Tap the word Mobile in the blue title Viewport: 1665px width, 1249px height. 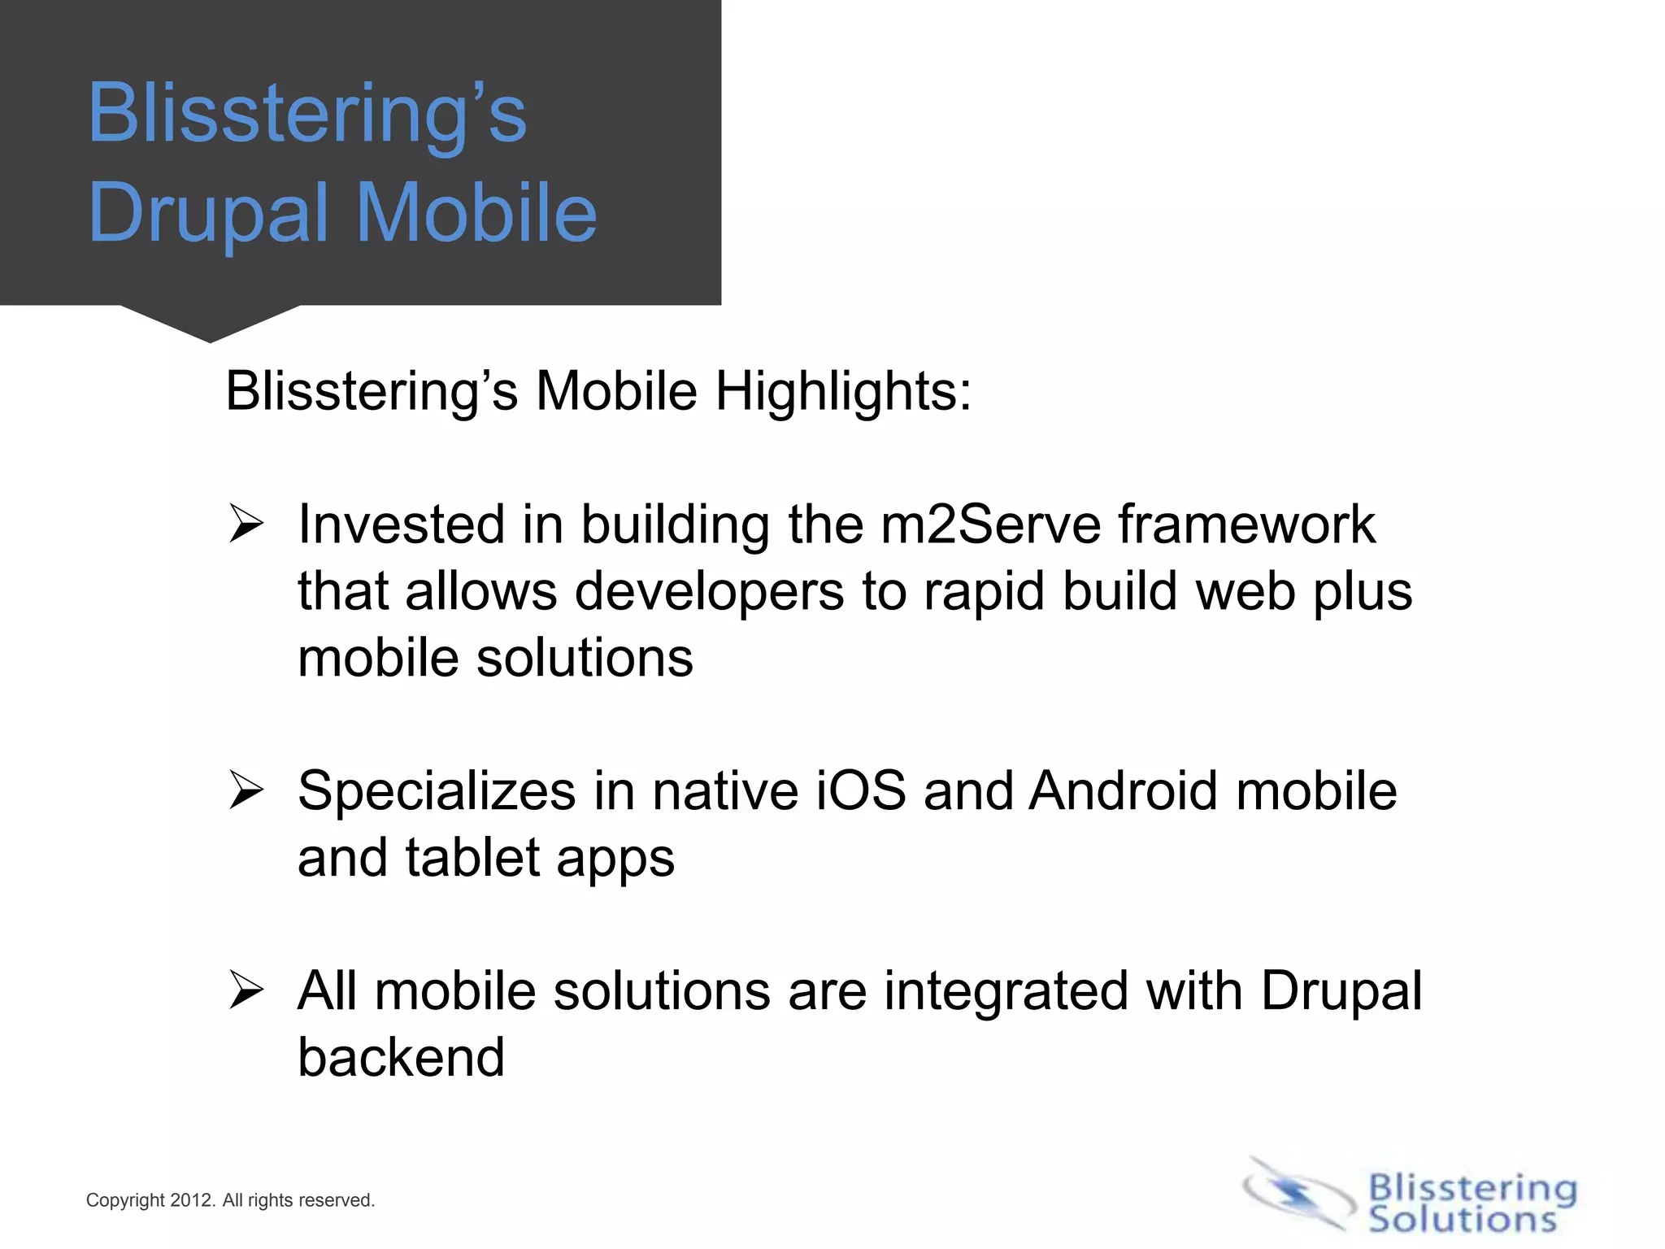point(476,213)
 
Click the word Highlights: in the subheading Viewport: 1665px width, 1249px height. point(842,391)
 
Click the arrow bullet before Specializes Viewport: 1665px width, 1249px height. point(246,790)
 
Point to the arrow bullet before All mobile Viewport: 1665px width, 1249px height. point(246,990)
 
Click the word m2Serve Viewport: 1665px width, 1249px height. point(991,524)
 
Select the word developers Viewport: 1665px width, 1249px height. point(709,592)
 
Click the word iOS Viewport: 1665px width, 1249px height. point(860,790)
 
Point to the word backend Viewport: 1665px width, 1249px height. point(401,1057)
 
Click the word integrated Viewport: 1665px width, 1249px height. point(1006,991)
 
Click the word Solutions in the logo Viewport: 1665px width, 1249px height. point(1462,1219)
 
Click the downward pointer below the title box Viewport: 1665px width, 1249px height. point(211,324)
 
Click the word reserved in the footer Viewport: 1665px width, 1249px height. point(335,1200)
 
